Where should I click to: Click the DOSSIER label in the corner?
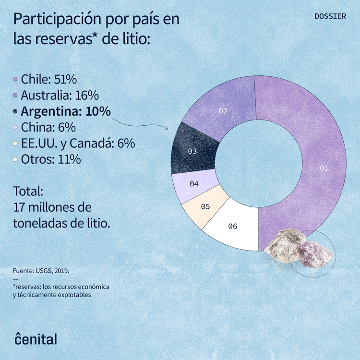tap(330, 16)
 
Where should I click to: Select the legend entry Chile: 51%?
tap(48, 79)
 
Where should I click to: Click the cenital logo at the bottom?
tap(36, 338)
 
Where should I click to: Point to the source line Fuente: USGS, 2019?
tap(41, 271)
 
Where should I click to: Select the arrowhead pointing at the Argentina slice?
tap(166, 128)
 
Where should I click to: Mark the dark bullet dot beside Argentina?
tap(15, 111)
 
